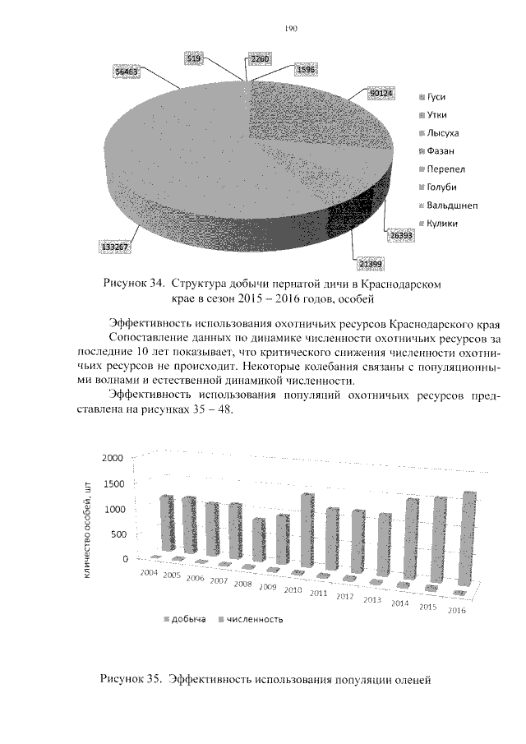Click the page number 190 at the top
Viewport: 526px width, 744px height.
[290, 28]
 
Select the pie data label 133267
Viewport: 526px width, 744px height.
[113, 246]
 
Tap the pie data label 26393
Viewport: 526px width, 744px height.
[401, 235]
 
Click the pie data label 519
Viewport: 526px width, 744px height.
[195, 58]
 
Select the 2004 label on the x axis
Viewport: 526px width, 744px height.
[149, 571]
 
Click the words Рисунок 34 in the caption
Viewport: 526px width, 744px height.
[131, 284]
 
